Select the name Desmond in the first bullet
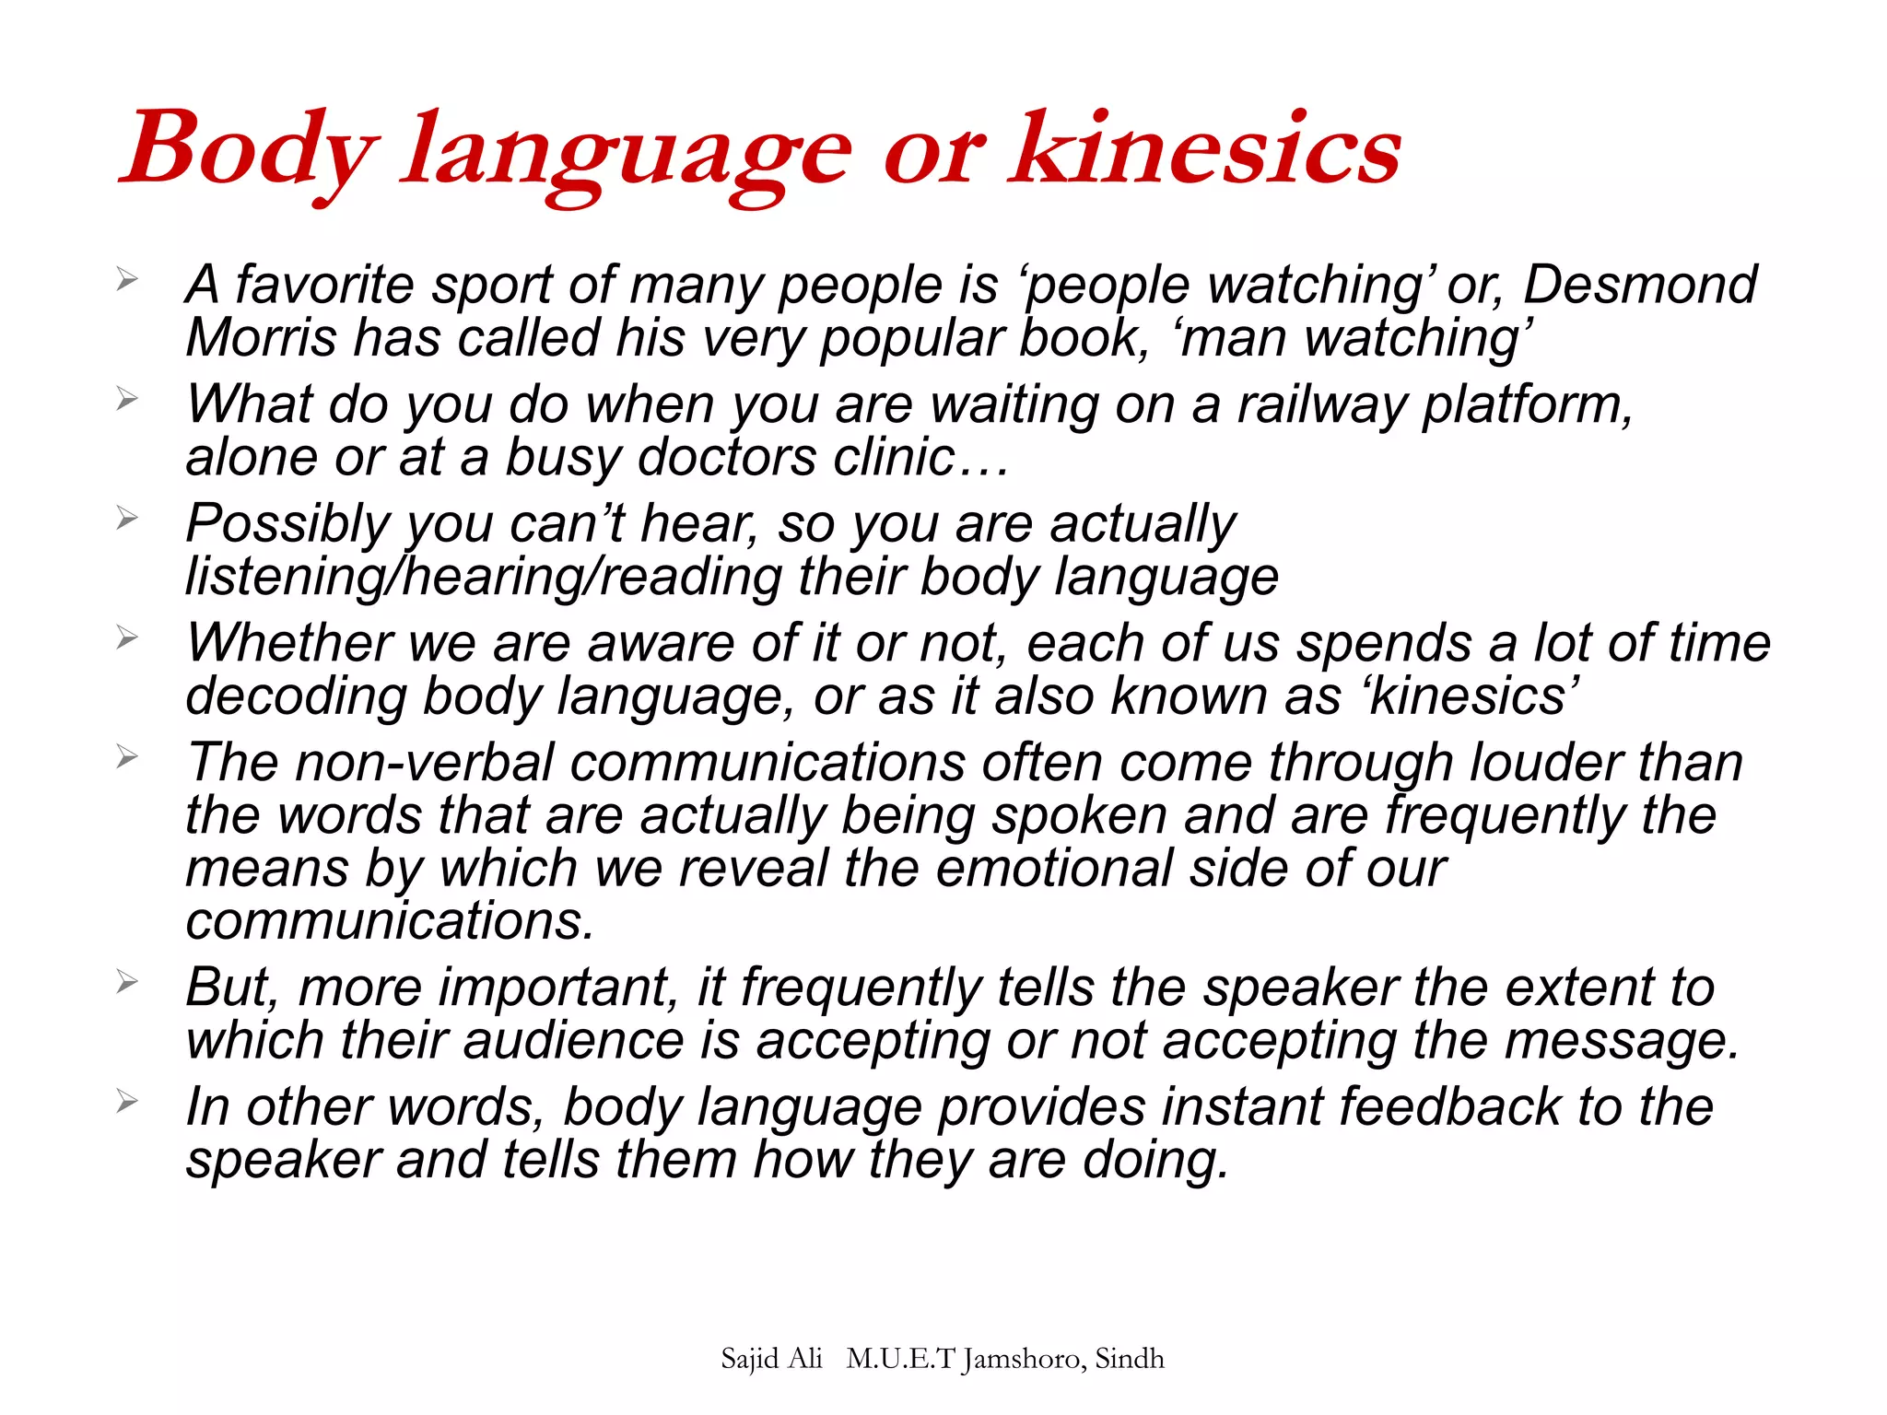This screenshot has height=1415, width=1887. [1640, 285]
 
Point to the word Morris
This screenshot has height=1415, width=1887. [261, 338]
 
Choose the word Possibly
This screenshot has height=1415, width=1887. [288, 524]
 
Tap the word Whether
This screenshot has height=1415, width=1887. [289, 643]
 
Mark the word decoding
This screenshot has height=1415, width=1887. [296, 696]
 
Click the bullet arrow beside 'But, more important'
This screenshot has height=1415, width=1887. [127, 983]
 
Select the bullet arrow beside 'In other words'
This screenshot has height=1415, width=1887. [127, 1102]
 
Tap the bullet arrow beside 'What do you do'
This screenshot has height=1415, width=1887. [127, 400]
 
